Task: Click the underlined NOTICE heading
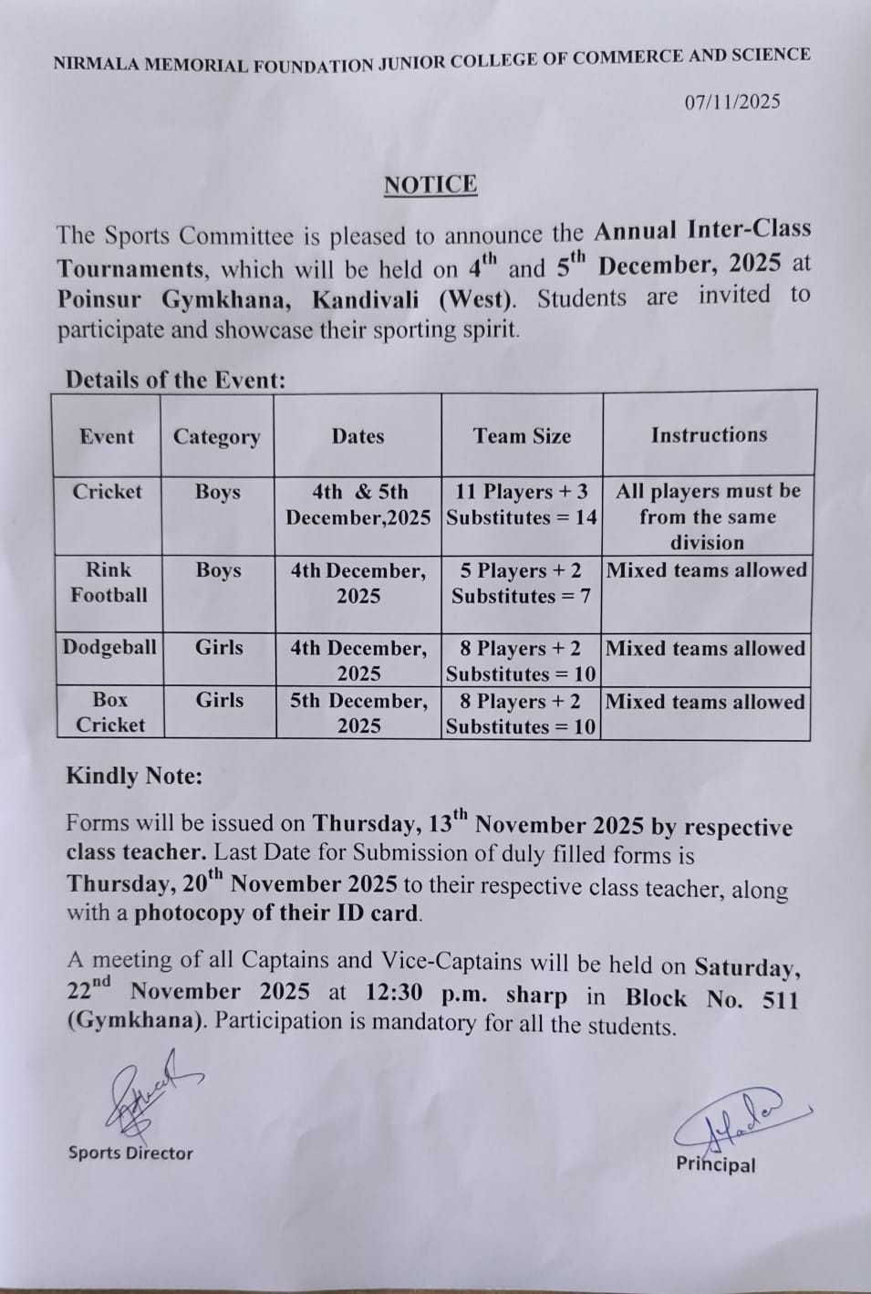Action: click(x=430, y=185)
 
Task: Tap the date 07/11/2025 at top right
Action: click(x=732, y=102)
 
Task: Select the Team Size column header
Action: click(x=522, y=436)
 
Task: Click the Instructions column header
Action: click(x=709, y=435)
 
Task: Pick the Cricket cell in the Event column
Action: click(x=108, y=492)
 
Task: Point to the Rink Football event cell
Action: click(x=109, y=582)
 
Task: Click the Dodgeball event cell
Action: click(x=109, y=648)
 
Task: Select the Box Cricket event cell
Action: click(x=109, y=713)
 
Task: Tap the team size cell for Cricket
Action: click(x=522, y=505)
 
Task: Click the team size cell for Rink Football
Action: click(x=521, y=583)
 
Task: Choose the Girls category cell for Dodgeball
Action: click(x=219, y=648)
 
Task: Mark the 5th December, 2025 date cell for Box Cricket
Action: click(x=358, y=714)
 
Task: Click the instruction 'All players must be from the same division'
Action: click(x=708, y=517)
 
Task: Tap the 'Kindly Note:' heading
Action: click(x=134, y=777)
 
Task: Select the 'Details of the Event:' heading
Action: click(x=175, y=380)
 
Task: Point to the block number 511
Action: click(x=780, y=999)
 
